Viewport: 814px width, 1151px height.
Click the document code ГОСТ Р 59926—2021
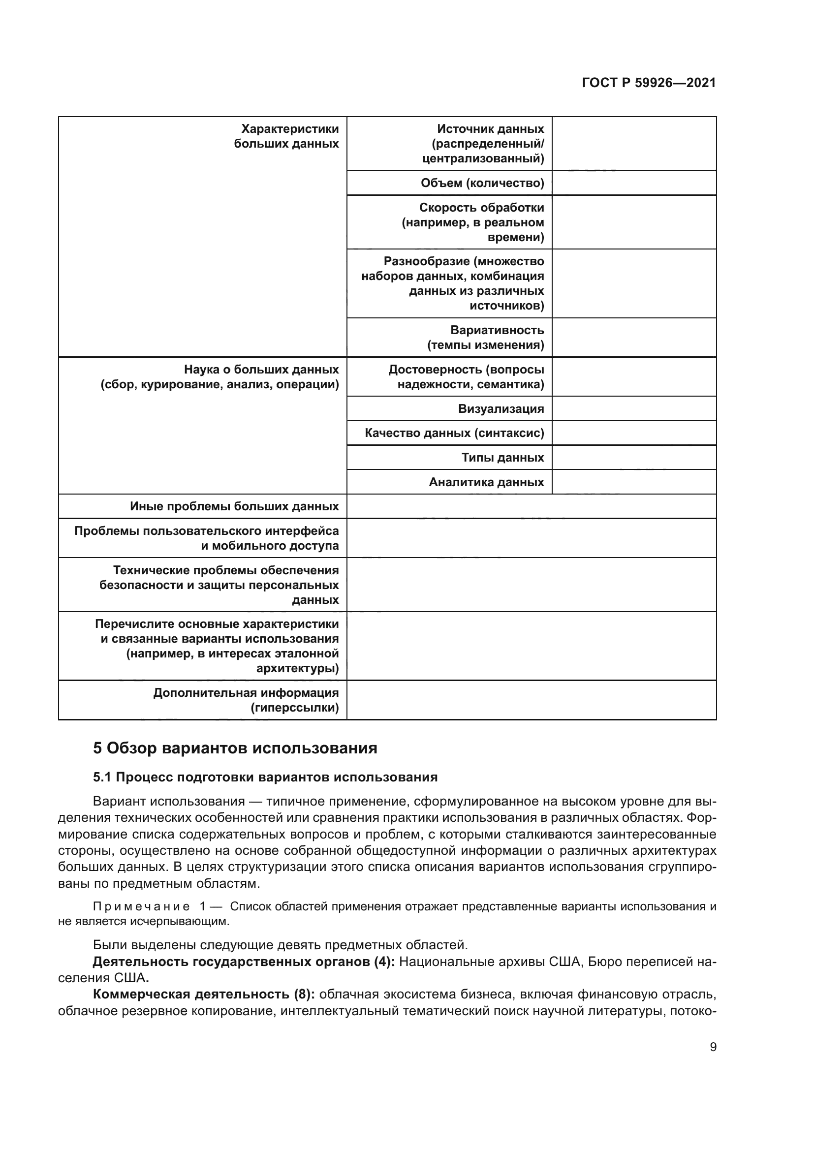(x=649, y=83)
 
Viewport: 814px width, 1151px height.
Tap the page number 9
(x=713, y=1047)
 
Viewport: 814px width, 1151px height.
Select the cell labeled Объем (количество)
(x=482, y=183)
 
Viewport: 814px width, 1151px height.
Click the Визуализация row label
(x=501, y=408)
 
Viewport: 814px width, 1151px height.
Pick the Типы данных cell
(x=502, y=457)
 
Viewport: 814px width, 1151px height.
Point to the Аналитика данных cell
(x=486, y=482)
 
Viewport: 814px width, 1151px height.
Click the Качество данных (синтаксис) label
(x=454, y=433)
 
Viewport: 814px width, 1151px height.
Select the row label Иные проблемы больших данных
(x=234, y=506)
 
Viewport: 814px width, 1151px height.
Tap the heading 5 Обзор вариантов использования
(x=235, y=748)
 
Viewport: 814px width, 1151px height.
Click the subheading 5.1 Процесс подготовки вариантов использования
(x=265, y=777)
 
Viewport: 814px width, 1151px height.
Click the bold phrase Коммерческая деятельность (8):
(x=204, y=994)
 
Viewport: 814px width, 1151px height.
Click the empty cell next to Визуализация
(x=633, y=408)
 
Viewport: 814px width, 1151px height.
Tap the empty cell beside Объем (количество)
(x=633, y=183)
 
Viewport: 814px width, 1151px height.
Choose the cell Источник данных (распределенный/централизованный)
(x=483, y=144)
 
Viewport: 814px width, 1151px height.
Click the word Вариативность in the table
(x=497, y=330)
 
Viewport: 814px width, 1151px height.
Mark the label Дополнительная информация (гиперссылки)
(x=246, y=700)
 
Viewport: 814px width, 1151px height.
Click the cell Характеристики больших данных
(x=286, y=136)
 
